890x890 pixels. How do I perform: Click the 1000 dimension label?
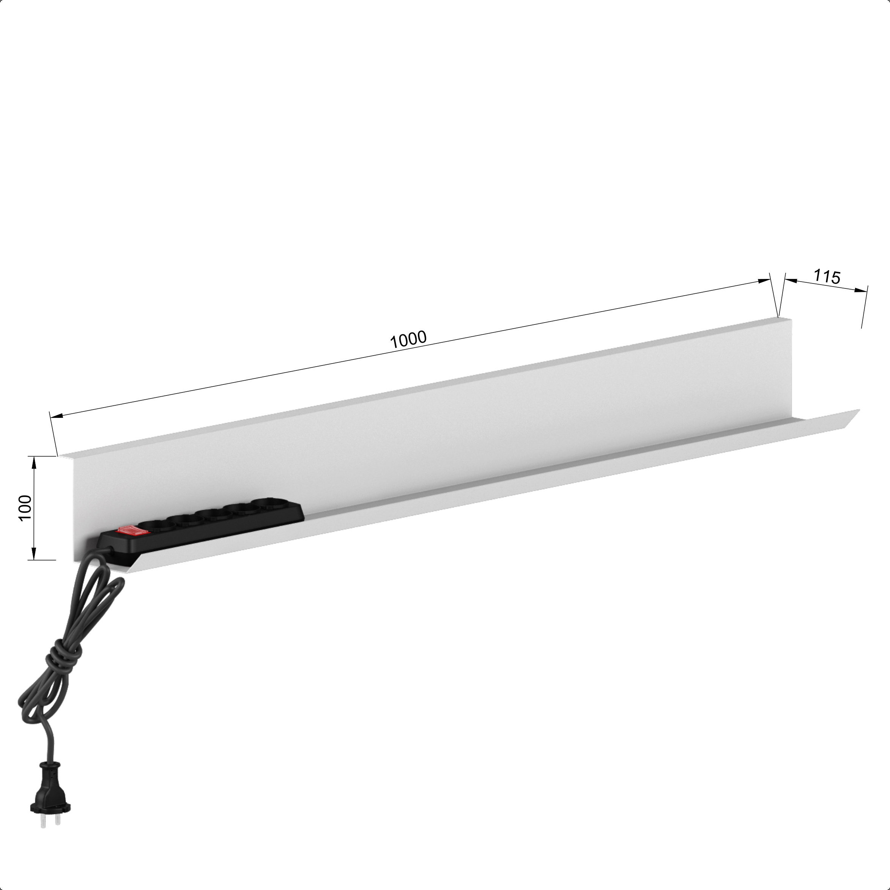point(408,340)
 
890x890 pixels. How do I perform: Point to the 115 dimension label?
point(827,276)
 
